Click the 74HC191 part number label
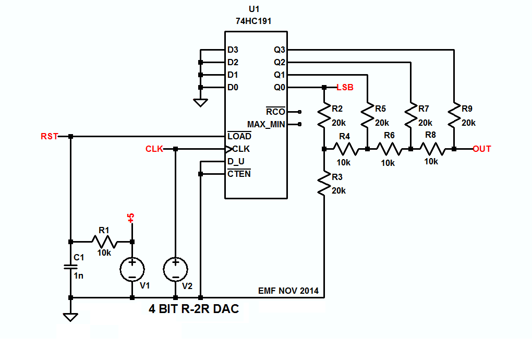tap(253, 21)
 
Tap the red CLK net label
tap(154, 149)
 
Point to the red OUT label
tap(482, 149)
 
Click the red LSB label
tap(345, 87)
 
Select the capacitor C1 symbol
tap(70, 267)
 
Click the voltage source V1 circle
tap(132, 269)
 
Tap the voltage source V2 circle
tap(175, 269)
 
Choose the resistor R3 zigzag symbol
tap(324, 185)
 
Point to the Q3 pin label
tap(280, 50)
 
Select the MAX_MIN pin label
tap(266, 125)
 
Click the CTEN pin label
tap(239, 174)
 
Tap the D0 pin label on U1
tap(233, 87)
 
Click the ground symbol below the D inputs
tap(200, 103)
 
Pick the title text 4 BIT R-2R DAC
tap(194, 309)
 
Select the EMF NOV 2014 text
tap(288, 291)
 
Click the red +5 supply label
tap(131, 218)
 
